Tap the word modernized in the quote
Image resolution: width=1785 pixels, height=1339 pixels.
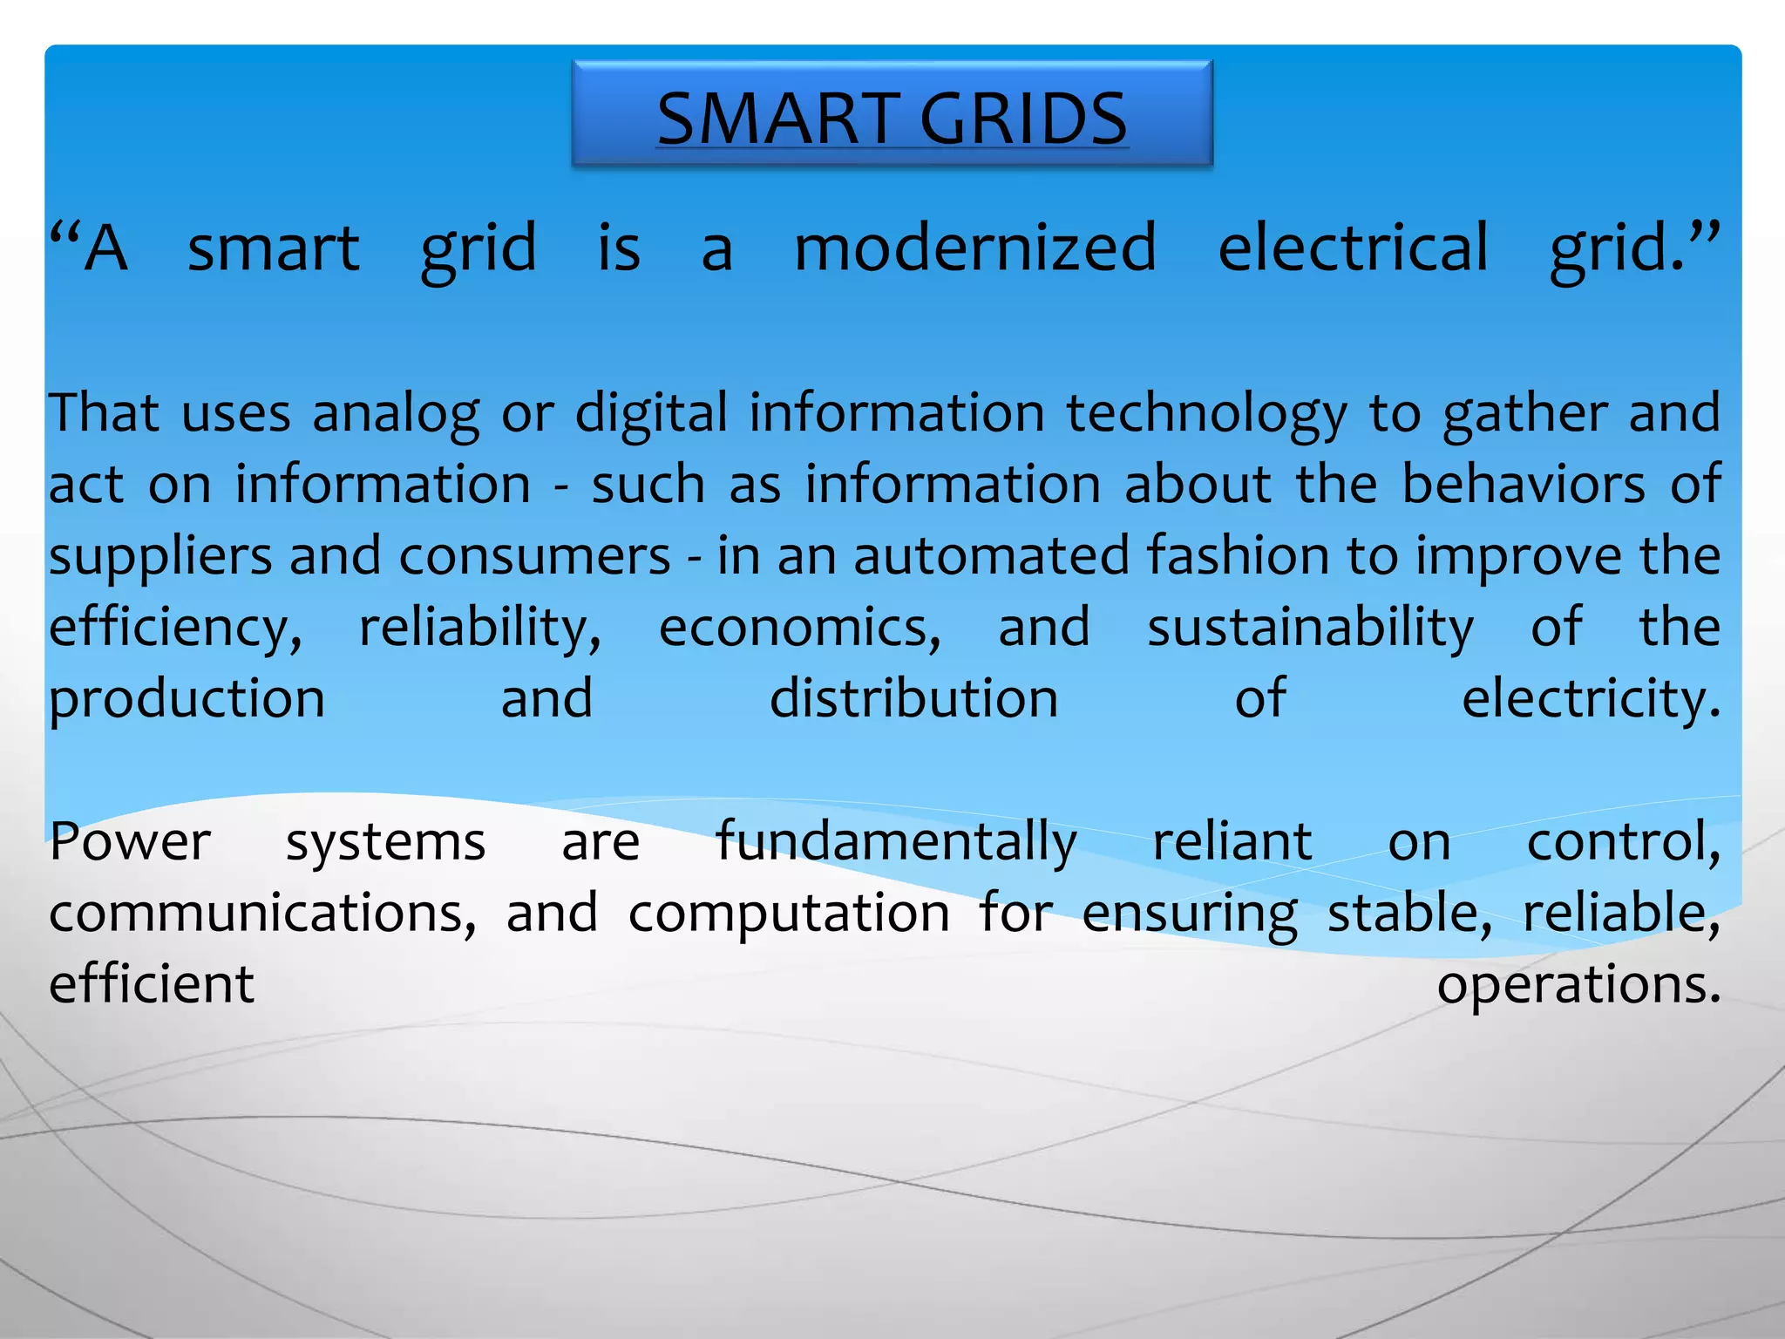[975, 249]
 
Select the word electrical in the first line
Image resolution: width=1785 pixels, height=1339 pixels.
[1353, 249]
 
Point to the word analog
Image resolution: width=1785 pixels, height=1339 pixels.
[396, 414]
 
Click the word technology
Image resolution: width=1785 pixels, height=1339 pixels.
[1206, 414]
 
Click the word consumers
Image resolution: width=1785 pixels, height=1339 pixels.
[534, 556]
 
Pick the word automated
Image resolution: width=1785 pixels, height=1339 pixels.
[991, 556]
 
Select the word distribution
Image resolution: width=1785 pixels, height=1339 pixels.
[913, 699]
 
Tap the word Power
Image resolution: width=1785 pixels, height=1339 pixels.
[130, 843]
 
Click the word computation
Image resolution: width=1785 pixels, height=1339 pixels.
[789, 914]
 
